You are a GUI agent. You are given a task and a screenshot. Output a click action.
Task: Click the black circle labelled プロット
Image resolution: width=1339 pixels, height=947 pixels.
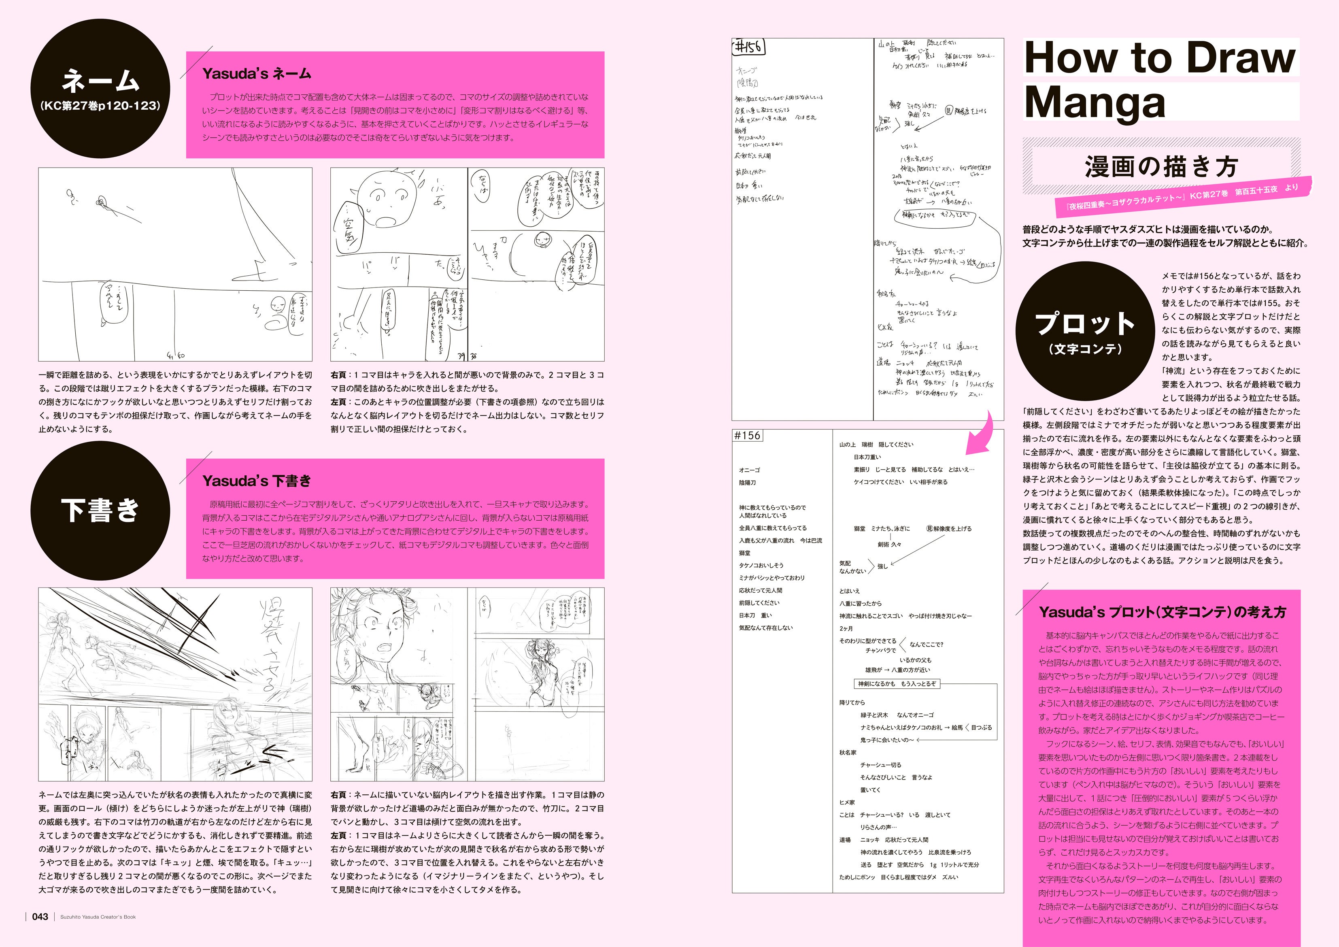(1085, 331)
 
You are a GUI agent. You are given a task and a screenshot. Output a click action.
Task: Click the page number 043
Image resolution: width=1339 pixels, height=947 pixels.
(40, 917)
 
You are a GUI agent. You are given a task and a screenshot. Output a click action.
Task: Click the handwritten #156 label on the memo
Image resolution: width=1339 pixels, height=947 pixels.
(748, 47)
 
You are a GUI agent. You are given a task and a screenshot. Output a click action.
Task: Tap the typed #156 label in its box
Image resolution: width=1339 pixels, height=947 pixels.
(747, 435)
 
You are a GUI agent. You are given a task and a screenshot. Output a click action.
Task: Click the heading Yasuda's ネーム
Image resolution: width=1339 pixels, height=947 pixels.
(257, 74)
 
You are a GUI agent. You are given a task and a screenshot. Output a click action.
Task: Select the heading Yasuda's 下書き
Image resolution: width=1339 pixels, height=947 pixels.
(257, 481)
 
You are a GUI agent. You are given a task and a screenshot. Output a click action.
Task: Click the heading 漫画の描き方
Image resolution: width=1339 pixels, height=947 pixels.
(1160, 167)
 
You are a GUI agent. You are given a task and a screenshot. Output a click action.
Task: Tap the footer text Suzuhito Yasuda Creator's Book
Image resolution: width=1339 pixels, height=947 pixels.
(98, 917)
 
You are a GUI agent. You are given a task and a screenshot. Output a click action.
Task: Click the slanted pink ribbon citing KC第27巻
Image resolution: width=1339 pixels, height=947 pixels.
(1184, 195)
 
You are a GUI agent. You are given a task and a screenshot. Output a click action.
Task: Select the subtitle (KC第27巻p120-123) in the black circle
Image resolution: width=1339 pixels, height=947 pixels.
(100, 106)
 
